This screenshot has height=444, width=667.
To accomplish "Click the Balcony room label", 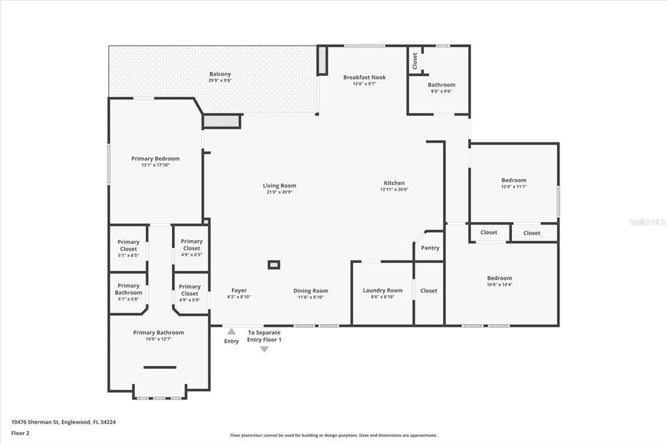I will coord(220,74).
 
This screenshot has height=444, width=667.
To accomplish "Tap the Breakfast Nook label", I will coord(365,77).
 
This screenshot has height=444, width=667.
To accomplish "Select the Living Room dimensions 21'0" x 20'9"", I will coord(279,193).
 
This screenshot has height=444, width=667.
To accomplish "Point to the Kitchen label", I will coord(394,183).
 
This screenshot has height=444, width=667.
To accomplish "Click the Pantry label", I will coord(430,247).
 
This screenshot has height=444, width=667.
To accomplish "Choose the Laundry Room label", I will coord(382,290).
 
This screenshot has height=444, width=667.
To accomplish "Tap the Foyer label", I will coord(239,290).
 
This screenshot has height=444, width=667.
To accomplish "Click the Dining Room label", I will coord(311,290).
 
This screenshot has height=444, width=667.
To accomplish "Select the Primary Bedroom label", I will coord(155,158).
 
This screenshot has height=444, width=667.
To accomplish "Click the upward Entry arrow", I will coord(231,331).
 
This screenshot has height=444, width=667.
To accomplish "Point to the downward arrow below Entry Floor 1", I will coord(264,350).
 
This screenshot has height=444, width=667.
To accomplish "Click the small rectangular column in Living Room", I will coord(274,264).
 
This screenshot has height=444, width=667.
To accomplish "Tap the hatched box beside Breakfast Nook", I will coord(322,60).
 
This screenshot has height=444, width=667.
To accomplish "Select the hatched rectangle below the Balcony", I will coord(221,121).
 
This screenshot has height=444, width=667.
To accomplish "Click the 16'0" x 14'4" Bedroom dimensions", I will coord(500,284).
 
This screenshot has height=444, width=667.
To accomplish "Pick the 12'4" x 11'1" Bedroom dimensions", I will coord(513,187).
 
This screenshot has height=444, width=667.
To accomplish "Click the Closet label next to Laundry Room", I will coord(429,290).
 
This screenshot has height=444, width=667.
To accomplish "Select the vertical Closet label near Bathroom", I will coord(415,61).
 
